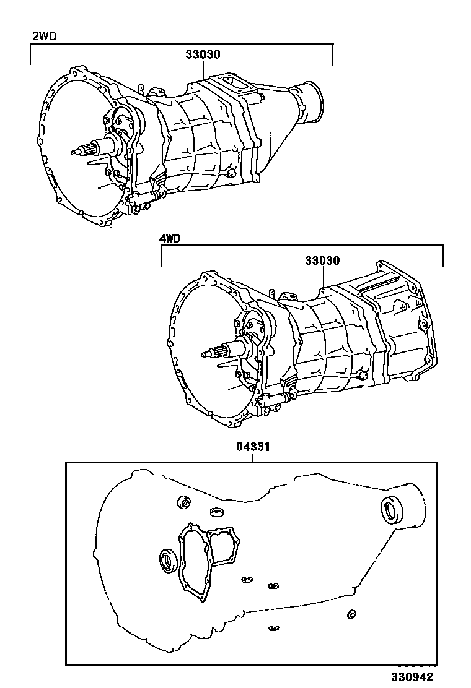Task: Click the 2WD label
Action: click(44, 36)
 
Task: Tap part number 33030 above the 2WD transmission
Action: click(203, 54)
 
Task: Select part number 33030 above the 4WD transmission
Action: click(322, 260)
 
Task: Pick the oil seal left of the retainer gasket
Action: click(168, 560)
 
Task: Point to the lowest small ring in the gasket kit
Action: click(271, 629)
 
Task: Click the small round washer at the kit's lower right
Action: click(351, 614)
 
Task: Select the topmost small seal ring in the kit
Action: click(185, 503)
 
